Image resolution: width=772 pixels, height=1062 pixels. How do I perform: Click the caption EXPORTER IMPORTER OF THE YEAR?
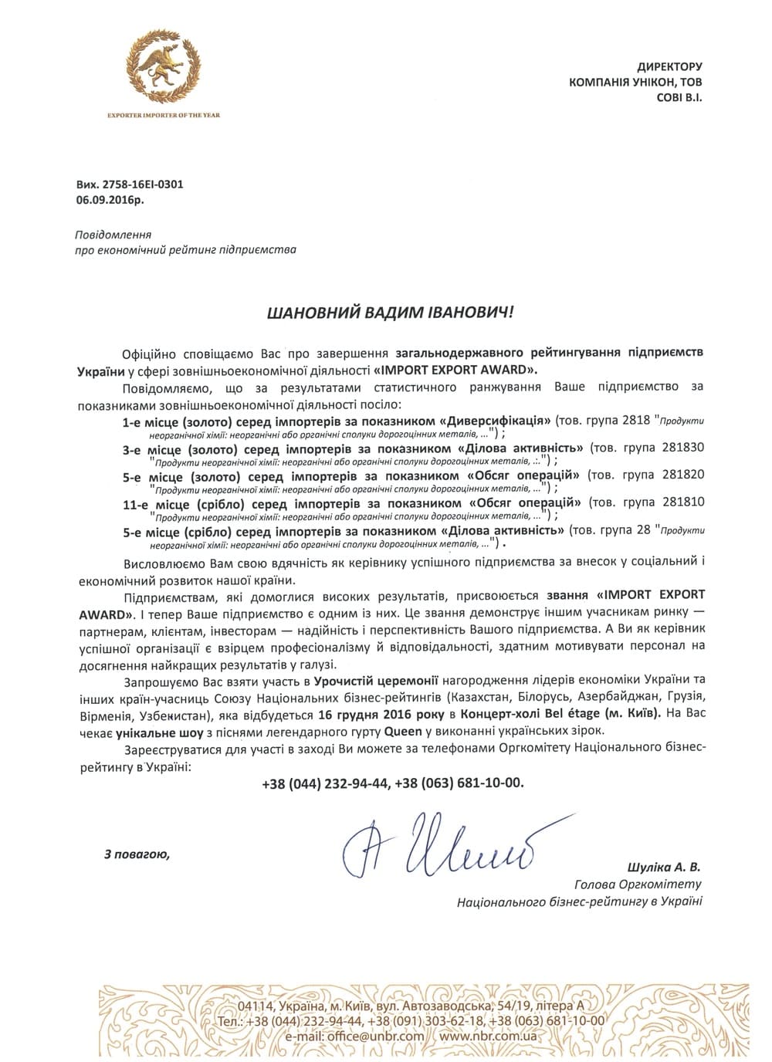coord(164,115)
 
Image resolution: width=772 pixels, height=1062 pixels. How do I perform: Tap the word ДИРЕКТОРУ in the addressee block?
coord(669,67)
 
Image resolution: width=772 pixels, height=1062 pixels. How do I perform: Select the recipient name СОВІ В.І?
coord(679,97)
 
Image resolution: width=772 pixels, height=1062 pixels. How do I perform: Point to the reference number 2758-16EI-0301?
coord(143,184)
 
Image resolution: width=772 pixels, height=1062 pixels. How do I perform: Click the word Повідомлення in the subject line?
coord(113,235)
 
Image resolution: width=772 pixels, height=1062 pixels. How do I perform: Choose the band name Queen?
coord(403,730)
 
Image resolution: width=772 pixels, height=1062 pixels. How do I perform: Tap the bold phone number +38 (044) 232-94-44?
coord(325,783)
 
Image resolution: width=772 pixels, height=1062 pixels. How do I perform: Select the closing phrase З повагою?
coord(136,854)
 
